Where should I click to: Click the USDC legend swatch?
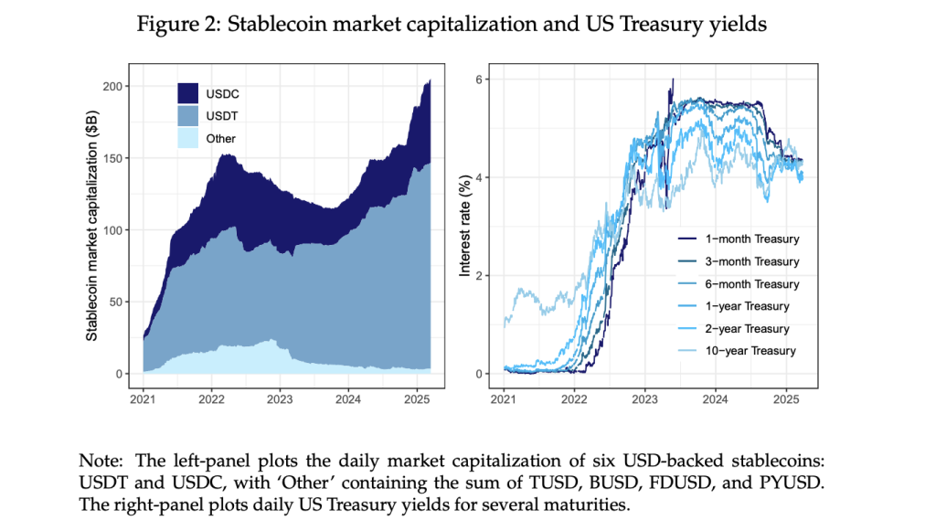187,92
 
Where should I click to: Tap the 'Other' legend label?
220,139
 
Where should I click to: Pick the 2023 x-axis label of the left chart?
280,399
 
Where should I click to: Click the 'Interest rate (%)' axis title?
466,227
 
